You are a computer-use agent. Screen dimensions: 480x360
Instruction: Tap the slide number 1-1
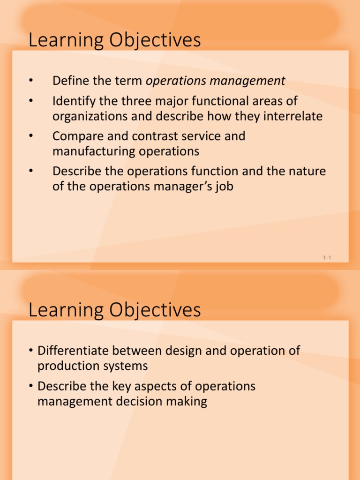tap(327, 257)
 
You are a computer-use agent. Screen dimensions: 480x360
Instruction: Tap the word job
tap(223, 187)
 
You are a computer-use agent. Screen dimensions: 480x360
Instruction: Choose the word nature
tap(305, 172)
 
